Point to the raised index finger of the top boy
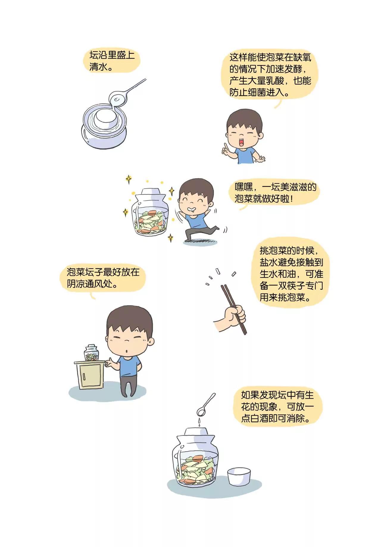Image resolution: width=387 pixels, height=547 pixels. (x=226, y=147)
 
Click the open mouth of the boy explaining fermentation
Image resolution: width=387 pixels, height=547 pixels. (x=243, y=141)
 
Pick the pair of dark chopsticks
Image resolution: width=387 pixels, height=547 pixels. (x=233, y=309)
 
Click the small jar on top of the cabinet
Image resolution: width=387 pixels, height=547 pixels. (x=91, y=353)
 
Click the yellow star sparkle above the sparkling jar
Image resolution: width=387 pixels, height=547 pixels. (x=129, y=179)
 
